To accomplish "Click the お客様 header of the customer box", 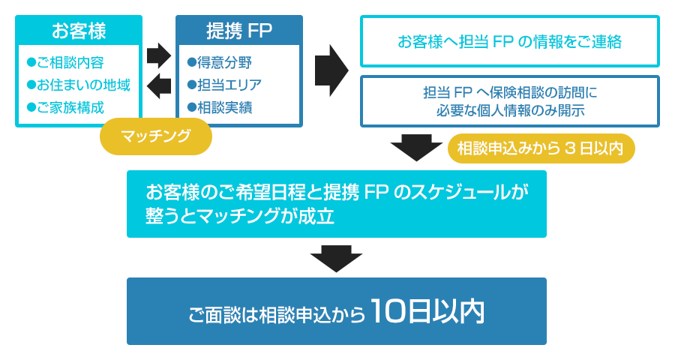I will point(79,31).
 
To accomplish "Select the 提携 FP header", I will point(239,31).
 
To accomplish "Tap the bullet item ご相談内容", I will point(66,62).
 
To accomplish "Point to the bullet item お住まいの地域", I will point(78,85).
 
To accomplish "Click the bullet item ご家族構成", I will point(66,107).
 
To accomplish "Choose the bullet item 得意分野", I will point(220,62).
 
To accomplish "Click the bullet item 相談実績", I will point(220,107).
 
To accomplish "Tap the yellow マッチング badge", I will point(156,136).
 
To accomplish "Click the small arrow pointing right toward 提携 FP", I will point(159,55).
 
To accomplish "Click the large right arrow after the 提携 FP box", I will point(331,70).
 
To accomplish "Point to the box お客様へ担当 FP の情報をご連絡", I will point(509,42).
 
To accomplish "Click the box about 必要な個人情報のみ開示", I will point(509,101).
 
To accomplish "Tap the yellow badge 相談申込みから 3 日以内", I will point(541,148).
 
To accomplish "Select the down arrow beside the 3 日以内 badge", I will point(416,147).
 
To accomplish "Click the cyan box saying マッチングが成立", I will point(336,204).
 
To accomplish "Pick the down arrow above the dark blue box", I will point(336,258).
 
